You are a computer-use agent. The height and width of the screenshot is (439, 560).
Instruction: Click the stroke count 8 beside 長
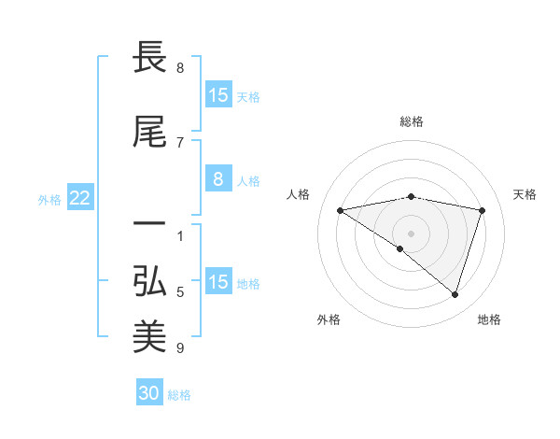(180, 68)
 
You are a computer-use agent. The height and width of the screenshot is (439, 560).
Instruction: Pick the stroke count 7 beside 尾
(180, 142)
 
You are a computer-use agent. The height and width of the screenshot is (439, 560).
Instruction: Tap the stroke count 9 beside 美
(180, 348)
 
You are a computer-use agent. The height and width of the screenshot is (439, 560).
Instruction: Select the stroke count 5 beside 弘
(180, 292)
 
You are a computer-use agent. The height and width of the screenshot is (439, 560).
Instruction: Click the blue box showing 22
(79, 198)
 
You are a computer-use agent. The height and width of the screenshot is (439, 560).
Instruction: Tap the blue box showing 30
(149, 393)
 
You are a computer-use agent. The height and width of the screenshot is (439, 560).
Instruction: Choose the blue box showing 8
(217, 180)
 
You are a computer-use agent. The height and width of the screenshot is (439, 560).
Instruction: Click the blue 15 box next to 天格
(217, 95)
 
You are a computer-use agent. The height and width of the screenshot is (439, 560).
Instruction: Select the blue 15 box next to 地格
(217, 282)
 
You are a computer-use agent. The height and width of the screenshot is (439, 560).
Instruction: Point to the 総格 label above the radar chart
(412, 121)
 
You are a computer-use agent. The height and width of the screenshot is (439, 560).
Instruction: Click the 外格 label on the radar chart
(329, 319)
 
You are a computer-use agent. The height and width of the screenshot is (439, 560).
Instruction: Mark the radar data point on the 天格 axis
(483, 210)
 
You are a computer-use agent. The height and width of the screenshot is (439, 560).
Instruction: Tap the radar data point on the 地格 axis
(455, 294)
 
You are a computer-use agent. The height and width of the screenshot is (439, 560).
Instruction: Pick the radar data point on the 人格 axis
(341, 210)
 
